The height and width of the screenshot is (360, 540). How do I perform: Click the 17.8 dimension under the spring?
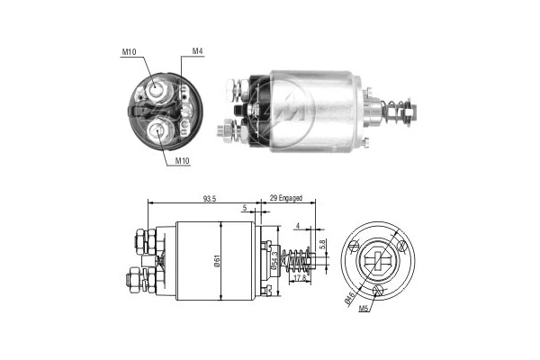[x=299, y=277]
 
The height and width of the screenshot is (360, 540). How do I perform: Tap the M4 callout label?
[x=197, y=51]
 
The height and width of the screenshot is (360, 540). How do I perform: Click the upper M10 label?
[x=129, y=52]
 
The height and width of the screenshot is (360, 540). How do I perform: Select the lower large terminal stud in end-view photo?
[x=160, y=130]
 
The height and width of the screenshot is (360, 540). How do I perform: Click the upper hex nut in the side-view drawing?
[x=145, y=239]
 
